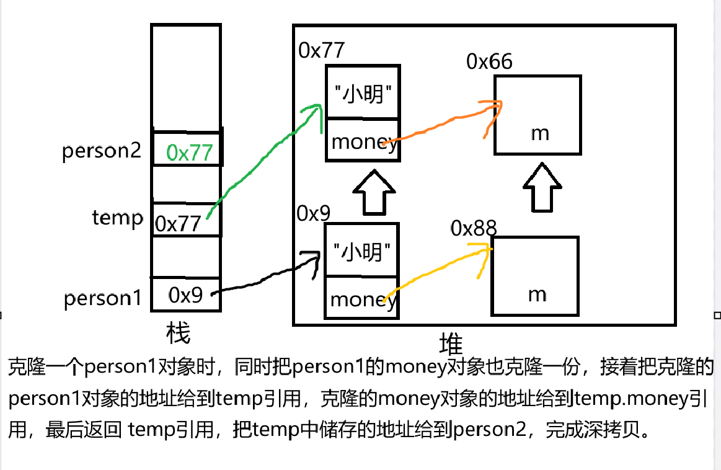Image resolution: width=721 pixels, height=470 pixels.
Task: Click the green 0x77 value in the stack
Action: pos(192,152)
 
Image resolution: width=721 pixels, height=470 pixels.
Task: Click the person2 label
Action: pos(102,152)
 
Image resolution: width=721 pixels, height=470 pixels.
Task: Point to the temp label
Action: pos(117,218)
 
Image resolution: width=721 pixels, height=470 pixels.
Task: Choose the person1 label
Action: pos(103,299)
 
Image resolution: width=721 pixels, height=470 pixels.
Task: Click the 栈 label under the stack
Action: pos(178,333)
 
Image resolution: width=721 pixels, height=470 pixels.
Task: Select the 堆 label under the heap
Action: pos(451,344)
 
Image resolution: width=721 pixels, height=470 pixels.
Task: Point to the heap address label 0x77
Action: pos(321,50)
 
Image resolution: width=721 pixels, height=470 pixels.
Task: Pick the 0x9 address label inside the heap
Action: pos(314,213)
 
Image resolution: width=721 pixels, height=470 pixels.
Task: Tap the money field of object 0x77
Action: pos(363,142)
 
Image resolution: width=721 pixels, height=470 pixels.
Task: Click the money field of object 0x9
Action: pos(363,299)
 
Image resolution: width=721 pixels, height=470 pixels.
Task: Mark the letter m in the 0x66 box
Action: pos(540,133)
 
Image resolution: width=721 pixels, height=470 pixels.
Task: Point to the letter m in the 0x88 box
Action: pos(537,294)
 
